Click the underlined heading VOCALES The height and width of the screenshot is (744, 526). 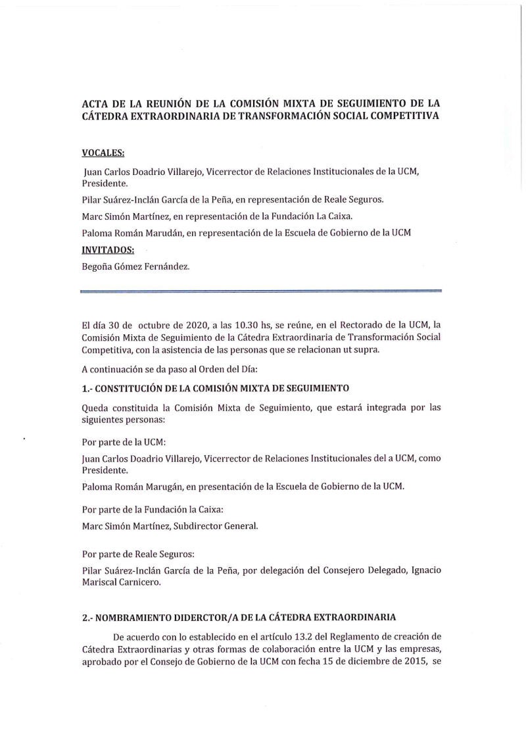(x=103, y=153)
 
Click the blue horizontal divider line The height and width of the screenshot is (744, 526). (x=260, y=290)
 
